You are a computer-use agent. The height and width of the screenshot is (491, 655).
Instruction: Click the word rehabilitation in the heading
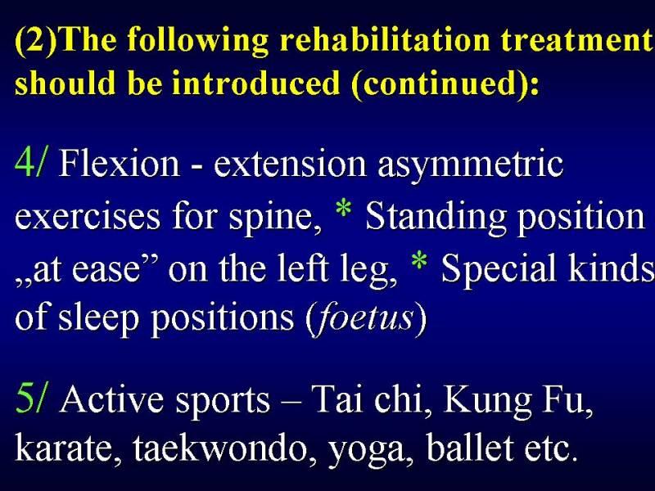coord(384,39)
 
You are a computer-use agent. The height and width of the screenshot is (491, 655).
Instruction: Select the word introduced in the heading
coord(255,83)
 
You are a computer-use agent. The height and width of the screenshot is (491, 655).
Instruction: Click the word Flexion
coord(120,163)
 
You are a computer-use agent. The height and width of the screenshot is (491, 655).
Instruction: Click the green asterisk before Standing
coord(343,209)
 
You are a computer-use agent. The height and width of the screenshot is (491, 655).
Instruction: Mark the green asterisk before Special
coord(419,261)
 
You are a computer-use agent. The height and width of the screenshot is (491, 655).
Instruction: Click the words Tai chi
coord(367,399)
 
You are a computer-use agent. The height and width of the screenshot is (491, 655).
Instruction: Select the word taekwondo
coord(219,447)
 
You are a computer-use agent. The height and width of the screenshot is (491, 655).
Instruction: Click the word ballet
coord(470,447)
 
